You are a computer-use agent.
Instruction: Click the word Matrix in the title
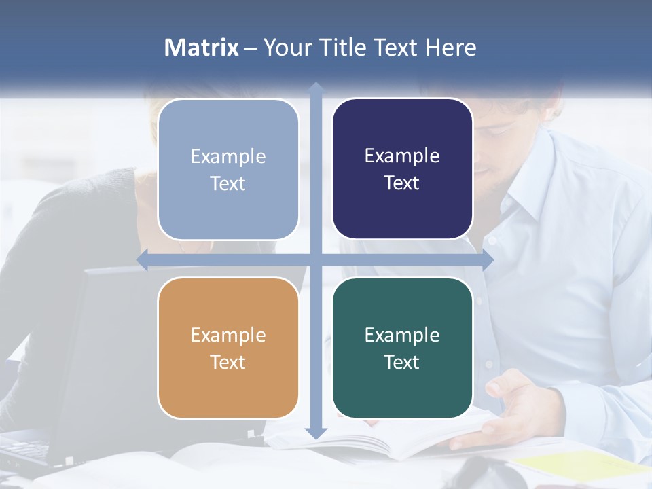click(x=201, y=48)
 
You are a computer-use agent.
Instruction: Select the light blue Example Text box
click(x=228, y=169)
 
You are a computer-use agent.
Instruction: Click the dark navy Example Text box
click(x=402, y=169)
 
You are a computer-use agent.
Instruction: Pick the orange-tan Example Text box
click(x=228, y=348)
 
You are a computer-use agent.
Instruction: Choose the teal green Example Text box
click(x=402, y=348)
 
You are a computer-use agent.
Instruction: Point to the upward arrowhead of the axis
click(x=316, y=88)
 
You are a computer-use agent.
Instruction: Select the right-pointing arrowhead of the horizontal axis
click(x=488, y=260)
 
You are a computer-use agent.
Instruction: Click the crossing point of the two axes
click(x=316, y=260)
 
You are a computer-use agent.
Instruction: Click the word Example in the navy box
click(x=402, y=156)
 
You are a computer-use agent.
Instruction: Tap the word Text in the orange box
click(x=228, y=362)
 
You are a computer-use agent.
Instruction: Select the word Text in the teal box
click(x=401, y=362)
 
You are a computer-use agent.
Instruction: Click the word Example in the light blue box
click(x=228, y=156)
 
